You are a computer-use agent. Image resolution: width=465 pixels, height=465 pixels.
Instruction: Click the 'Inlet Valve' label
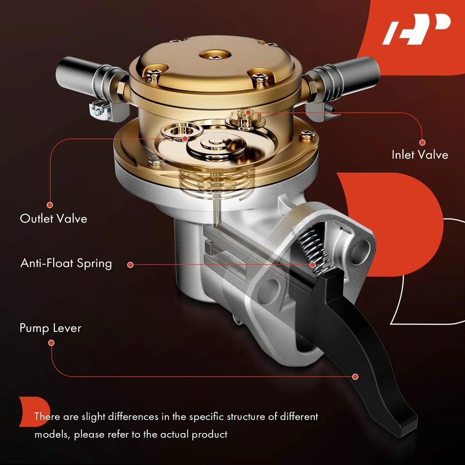tap(419, 155)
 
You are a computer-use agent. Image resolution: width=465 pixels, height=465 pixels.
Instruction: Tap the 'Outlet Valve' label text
tap(53, 218)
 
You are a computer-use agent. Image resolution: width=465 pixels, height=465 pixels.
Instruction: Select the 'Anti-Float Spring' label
tap(66, 263)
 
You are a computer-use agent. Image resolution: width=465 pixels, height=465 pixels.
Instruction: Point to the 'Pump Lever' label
tap(50, 328)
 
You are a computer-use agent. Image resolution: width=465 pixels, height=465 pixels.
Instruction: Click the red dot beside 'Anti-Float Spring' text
tap(130, 264)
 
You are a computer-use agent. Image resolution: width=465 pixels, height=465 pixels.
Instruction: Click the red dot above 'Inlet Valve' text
tap(422, 142)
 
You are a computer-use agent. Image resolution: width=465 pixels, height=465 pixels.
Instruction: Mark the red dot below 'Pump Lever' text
tap(51, 342)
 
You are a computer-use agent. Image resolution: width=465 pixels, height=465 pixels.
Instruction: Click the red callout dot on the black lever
tap(356, 376)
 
